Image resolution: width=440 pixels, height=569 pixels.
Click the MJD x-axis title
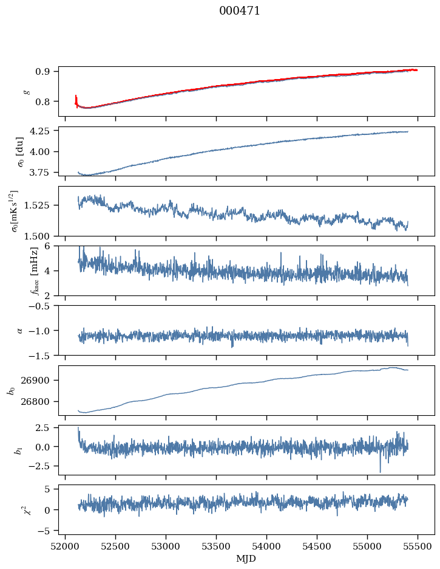246,559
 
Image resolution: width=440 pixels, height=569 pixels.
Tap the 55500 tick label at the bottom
418,547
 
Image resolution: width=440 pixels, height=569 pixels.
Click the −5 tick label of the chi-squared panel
46,531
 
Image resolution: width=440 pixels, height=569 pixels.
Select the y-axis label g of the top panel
27,91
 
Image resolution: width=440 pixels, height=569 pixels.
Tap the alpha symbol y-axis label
20,330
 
